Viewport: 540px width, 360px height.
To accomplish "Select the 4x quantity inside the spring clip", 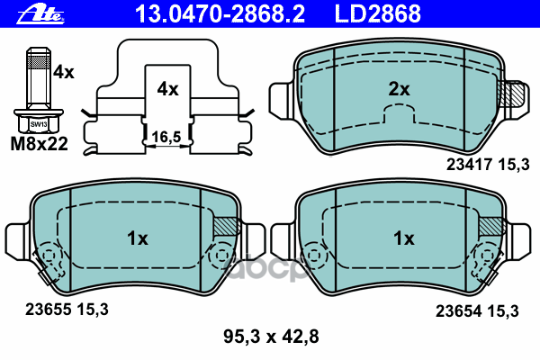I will pos(168,89).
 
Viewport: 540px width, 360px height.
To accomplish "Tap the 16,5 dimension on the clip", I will pos(168,137).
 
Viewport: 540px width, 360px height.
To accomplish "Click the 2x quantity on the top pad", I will pos(399,89).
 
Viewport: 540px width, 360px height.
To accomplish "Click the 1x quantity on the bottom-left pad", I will pos(137,238).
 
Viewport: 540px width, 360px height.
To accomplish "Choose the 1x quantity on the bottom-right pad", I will pos(400,238).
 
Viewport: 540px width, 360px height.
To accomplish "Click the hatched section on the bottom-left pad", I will pos(226,228).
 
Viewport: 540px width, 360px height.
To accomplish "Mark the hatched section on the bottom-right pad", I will pos(490,228).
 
